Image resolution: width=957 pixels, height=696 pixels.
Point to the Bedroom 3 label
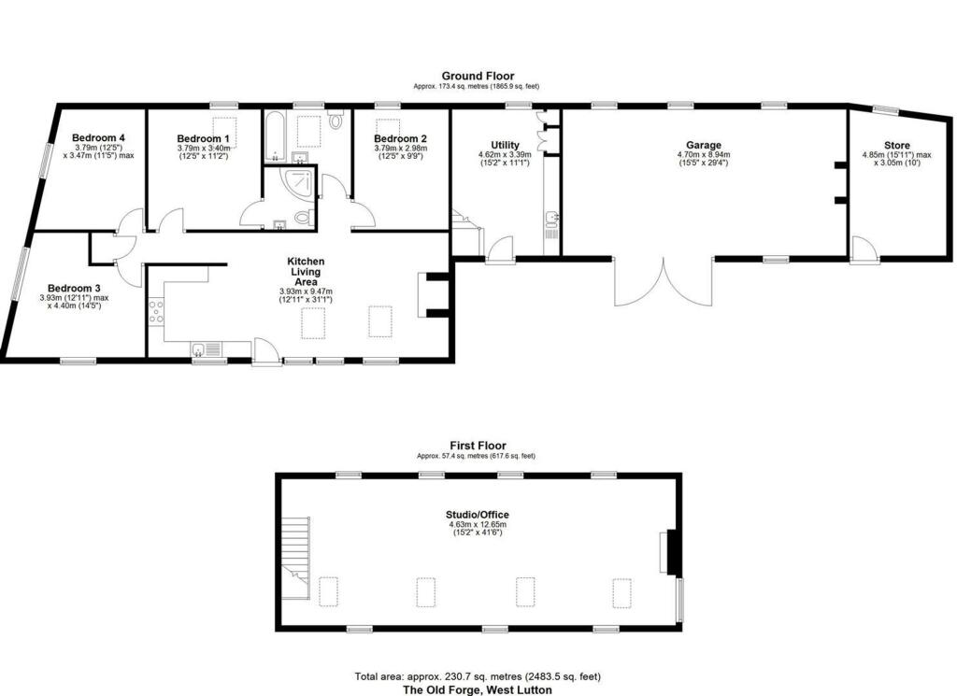74,288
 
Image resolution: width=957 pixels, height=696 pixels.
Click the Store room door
865,249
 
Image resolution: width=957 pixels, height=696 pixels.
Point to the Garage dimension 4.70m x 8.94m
704,155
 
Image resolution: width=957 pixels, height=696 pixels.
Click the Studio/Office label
478,515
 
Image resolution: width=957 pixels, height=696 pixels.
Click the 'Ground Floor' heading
478,76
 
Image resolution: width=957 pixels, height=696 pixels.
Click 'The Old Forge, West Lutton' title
478,689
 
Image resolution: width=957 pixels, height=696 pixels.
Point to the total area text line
478,676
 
